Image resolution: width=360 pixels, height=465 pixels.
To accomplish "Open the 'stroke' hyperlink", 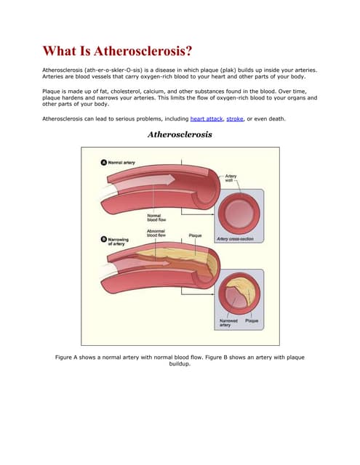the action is pos(235,118).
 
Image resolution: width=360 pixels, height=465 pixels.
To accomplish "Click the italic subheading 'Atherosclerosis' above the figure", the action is pos(180,134).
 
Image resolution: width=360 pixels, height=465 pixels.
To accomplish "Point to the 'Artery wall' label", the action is pos(231,178).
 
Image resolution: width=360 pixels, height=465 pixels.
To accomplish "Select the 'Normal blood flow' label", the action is pos(154,217).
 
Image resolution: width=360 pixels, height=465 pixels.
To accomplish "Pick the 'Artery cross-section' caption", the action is pos(235,239).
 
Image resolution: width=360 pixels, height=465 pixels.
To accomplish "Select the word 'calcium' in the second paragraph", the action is pos(167,91).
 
